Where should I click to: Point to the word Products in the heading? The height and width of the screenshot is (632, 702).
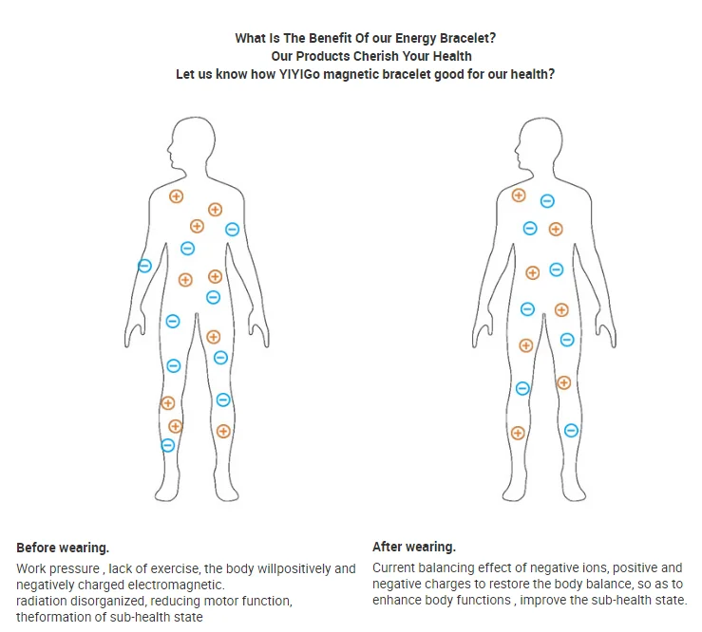point(332,57)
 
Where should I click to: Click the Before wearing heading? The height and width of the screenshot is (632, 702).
point(63,548)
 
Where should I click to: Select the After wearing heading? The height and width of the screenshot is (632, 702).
point(414,547)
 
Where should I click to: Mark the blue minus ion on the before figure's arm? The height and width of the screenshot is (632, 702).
point(144,266)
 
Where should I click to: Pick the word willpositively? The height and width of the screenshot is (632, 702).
point(281,569)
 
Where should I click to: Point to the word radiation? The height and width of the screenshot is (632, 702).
point(42,602)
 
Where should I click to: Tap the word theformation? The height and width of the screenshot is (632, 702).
point(52,618)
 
